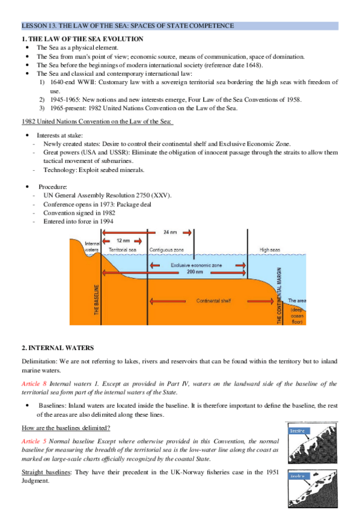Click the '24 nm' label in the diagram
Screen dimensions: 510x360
point(171,232)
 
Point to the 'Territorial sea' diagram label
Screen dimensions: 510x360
point(123,248)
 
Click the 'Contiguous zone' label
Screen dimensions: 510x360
point(165,248)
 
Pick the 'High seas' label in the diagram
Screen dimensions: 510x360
point(271,248)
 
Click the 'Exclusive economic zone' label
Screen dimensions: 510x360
point(196,265)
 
